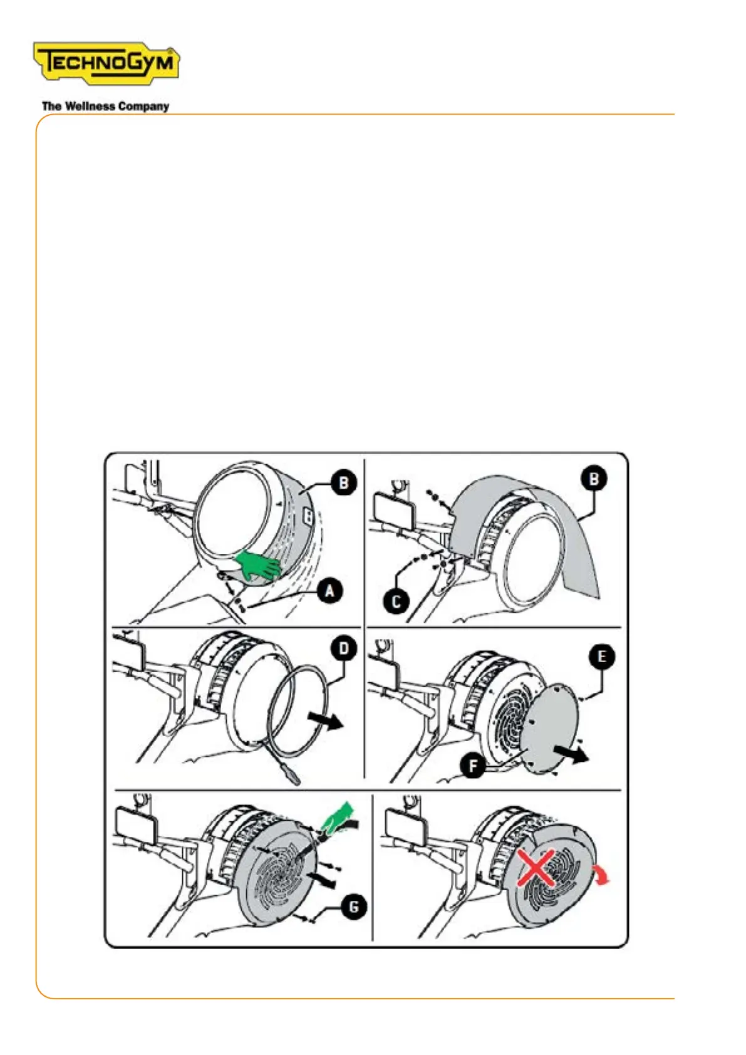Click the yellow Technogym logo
point(106,63)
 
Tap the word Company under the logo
point(143,107)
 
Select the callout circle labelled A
point(329,591)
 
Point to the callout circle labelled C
point(396,601)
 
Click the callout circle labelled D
point(344,649)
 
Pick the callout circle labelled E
point(601,657)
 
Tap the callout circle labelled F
point(473,766)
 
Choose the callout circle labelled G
point(353,907)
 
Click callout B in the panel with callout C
point(594,479)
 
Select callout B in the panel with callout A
point(344,483)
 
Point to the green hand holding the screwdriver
point(337,817)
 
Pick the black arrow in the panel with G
point(322,879)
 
